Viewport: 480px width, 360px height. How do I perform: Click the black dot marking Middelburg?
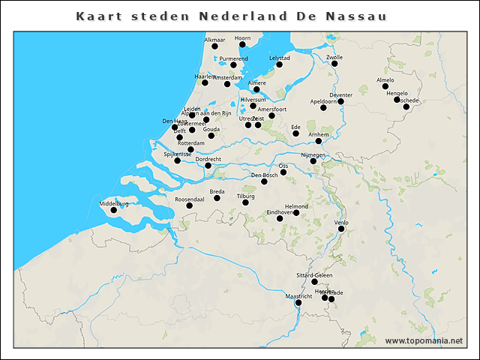pyautogui.click(x=114, y=210)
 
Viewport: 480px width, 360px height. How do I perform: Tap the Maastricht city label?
pyautogui.click(x=299, y=297)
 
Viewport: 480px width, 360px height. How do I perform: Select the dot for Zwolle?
pyautogui.click(x=334, y=64)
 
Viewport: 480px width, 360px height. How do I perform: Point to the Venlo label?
pyautogui.click(x=341, y=222)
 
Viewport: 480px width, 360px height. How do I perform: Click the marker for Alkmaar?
pyautogui.click(x=214, y=46)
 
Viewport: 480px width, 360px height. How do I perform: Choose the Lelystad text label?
pyautogui.click(x=279, y=58)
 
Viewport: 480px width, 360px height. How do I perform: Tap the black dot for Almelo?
pyautogui.click(x=385, y=86)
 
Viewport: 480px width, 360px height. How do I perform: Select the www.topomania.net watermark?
pyautogui.click(x=424, y=340)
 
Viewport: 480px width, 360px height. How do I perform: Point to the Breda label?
pyautogui.click(x=217, y=191)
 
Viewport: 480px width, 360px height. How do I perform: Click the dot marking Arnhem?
pyautogui.click(x=319, y=140)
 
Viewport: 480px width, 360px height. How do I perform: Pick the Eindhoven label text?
pyautogui.click(x=280, y=212)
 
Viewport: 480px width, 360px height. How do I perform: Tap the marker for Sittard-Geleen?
pyautogui.click(x=315, y=282)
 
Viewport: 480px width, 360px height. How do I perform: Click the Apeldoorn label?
pyautogui.click(x=323, y=101)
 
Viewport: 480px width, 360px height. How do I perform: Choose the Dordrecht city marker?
pyautogui.click(x=208, y=166)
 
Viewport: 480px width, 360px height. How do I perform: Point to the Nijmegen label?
pyautogui.click(x=313, y=154)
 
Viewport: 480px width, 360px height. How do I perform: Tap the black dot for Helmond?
pyautogui.click(x=296, y=213)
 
